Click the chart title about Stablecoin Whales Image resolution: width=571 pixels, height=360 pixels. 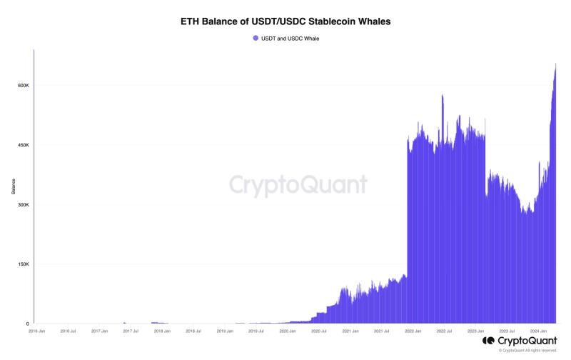coord(285,22)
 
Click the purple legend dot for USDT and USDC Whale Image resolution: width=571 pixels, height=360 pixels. coord(256,38)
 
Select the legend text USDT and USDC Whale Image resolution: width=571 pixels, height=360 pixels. coord(290,38)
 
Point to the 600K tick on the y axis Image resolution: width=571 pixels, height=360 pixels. coord(23,86)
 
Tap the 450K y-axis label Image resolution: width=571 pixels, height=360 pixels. coord(23,145)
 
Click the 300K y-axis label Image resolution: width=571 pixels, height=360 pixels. coord(23,205)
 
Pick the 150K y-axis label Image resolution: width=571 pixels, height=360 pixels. coord(23,264)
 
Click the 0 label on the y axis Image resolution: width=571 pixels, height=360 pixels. coord(27,324)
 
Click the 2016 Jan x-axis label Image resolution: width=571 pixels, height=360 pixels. coord(37,331)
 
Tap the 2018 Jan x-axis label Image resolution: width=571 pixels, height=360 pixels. coord(162,331)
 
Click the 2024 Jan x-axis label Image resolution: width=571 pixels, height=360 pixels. coord(539,331)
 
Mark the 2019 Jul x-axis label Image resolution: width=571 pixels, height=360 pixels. coord(256,331)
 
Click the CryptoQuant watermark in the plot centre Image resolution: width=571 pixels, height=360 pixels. coord(298,185)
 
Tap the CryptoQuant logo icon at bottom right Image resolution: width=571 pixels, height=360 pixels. coord(488,341)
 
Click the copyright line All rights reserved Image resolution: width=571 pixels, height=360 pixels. coord(527,351)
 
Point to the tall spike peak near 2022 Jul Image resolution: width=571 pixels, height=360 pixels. coord(443,95)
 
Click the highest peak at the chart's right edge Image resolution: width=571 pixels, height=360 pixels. coord(555,64)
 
